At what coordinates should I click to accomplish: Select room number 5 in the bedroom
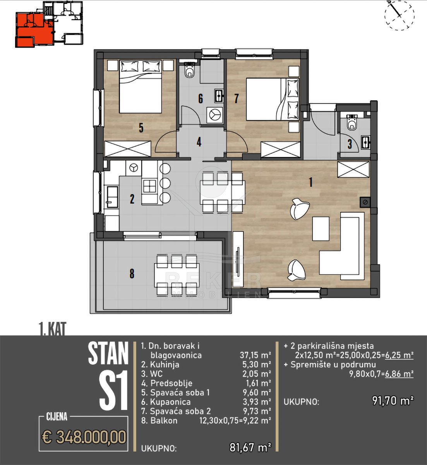click(x=141, y=128)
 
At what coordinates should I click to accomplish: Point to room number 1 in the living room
click(x=311, y=182)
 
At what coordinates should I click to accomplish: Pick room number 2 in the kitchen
click(x=132, y=199)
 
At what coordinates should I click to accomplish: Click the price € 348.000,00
click(x=84, y=437)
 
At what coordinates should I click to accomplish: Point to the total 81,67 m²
click(x=250, y=448)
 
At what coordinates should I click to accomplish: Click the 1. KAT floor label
click(x=53, y=329)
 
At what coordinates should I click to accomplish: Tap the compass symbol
click(x=399, y=15)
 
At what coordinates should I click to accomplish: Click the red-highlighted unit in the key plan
click(x=34, y=29)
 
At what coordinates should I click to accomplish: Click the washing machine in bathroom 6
click(x=214, y=115)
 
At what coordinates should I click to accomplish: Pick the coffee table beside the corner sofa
click(x=321, y=229)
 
